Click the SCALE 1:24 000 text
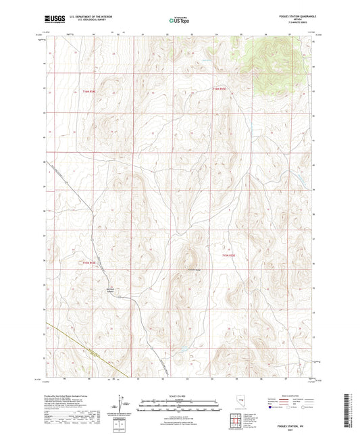tap(180, 396)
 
